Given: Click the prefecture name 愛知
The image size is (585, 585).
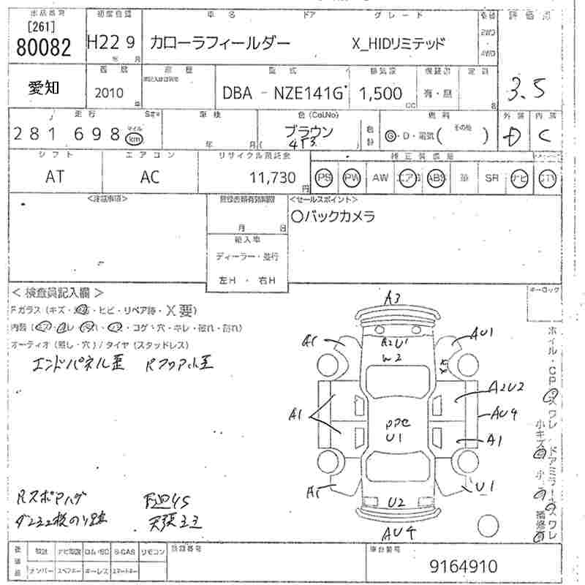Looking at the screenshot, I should [x=45, y=88].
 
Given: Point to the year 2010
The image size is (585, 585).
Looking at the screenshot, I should [x=110, y=93].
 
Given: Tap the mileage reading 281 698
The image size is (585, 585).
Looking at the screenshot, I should [x=67, y=135].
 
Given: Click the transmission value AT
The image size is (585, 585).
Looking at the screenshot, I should [x=54, y=177].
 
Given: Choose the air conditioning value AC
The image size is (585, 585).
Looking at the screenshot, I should [x=150, y=177].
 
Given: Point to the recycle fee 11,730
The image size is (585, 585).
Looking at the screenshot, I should [x=271, y=177].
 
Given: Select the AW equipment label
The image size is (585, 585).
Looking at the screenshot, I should [x=380, y=178].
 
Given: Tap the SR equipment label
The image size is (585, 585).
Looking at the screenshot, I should [x=491, y=178].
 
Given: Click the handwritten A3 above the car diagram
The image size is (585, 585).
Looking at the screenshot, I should [x=393, y=298].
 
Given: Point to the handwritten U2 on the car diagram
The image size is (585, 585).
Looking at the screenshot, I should [x=396, y=502].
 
